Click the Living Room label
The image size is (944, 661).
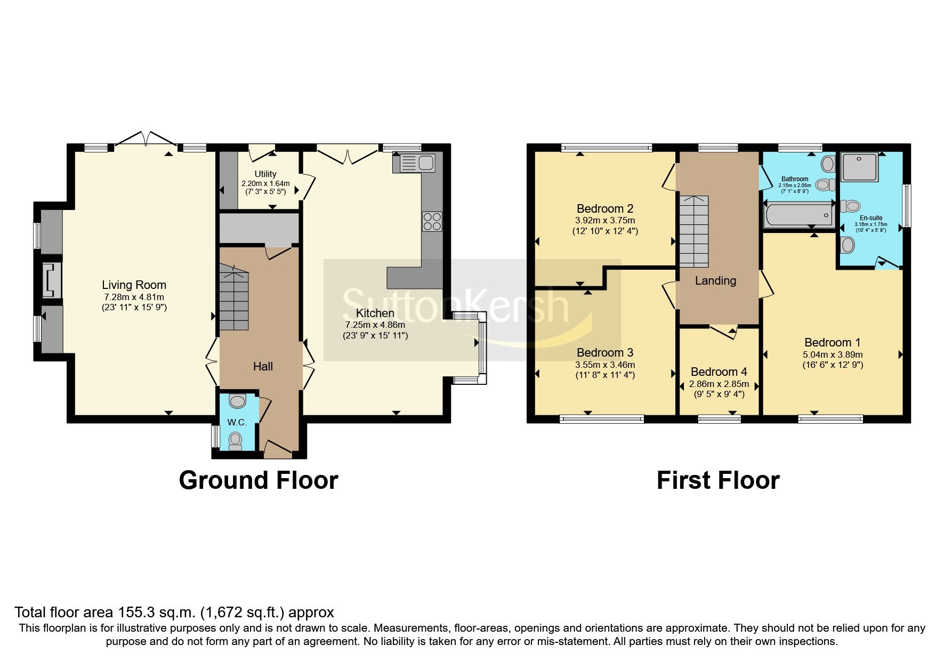click(134, 285)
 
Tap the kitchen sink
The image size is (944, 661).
click(415, 163)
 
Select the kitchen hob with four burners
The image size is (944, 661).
click(432, 222)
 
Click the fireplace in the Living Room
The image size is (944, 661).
click(52, 279)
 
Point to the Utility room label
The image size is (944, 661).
click(265, 174)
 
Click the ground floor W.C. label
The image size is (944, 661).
click(237, 422)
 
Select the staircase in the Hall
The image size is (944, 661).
click(234, 299)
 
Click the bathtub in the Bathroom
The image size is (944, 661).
click(798, 215)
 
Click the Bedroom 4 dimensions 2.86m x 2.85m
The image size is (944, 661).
click(719, 384)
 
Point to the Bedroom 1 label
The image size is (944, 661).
click(832, 343)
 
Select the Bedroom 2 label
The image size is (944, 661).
click(604, 208)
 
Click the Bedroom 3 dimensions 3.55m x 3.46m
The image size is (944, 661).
click(604, 365)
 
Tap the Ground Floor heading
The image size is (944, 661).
click(258, 480)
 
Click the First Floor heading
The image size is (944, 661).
click(717, 480)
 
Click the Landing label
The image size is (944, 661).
click(715, 280)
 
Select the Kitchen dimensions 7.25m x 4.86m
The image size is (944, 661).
click(375, 325)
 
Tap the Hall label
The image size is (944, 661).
click(263, 367)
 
